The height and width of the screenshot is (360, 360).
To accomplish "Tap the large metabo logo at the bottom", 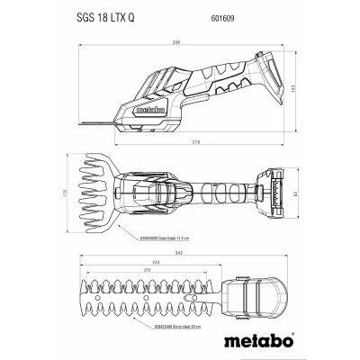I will tap(180, 337).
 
